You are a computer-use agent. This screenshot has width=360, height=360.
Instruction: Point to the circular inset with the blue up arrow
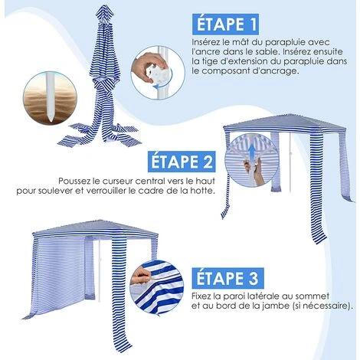pyautogui.click(x=249, y=156)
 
